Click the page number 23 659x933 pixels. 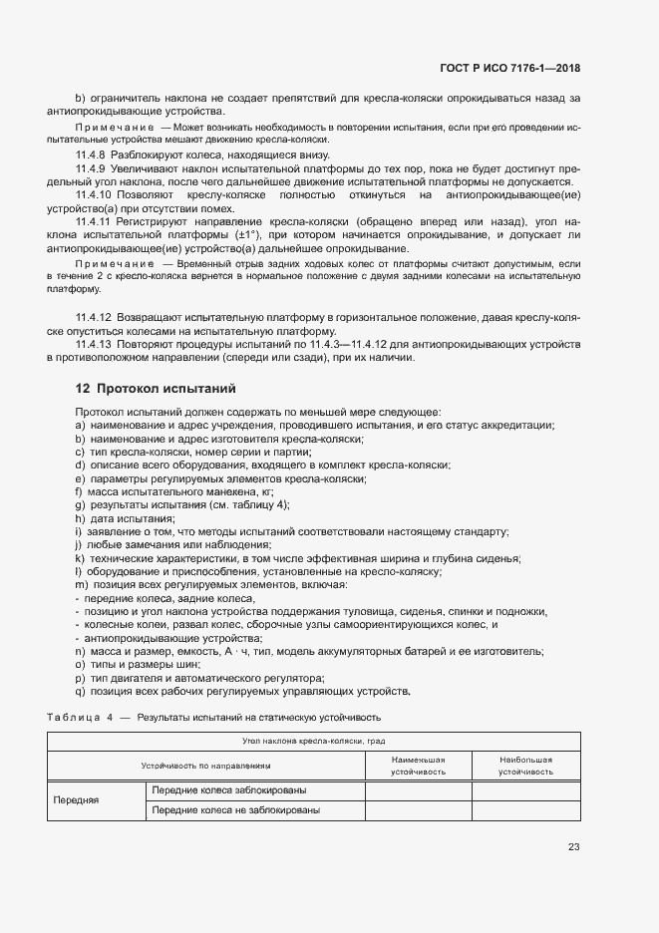573,847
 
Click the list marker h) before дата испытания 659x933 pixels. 79,519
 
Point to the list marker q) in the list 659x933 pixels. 79,692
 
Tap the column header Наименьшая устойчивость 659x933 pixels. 418,766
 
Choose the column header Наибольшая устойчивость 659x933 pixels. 525,766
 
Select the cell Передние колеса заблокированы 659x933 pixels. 228,790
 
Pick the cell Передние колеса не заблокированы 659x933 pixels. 235,810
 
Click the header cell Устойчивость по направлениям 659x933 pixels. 206,766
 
